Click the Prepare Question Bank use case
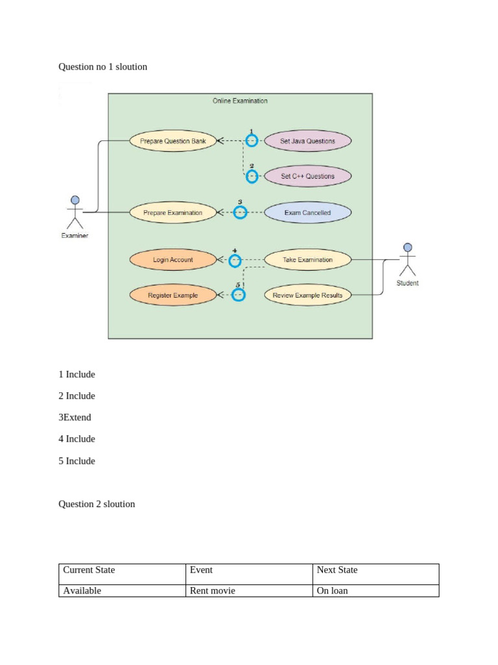point(172,141)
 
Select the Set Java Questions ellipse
point(307,141)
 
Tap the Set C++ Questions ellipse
point(307,176)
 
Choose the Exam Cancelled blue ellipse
point(307,212)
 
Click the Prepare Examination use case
point(172,212)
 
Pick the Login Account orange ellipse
point(172,260)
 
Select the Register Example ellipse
point(172,295)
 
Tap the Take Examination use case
point(307,260)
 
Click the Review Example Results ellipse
point(307,295)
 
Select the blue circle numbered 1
point(252,140)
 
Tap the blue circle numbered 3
point(240,212)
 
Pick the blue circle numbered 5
point(239,295)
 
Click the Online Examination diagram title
point(240,101)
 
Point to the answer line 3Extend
point(75,418)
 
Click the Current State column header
point(89,570)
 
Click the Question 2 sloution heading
point(97,504)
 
